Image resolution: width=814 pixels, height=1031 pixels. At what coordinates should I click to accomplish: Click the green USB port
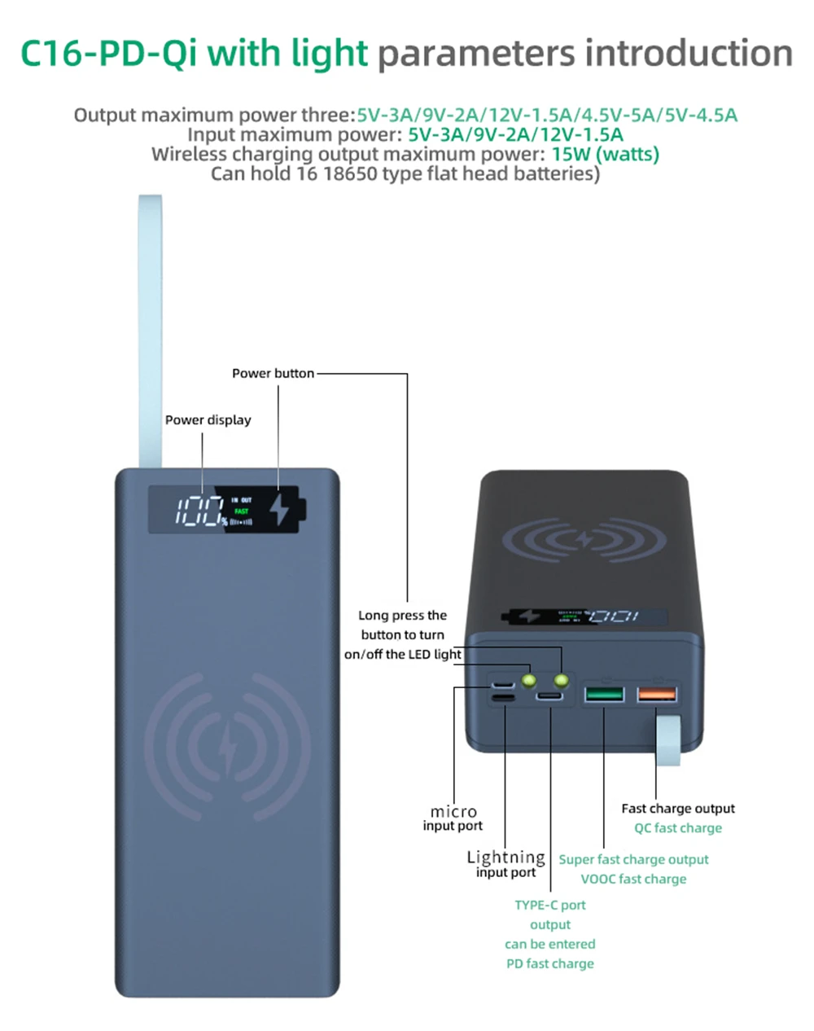click(x=604, y=695)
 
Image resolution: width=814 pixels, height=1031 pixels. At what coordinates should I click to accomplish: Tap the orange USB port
click(x=657, y=694)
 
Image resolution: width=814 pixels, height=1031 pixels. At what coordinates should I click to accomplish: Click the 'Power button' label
click(x=273, y=373)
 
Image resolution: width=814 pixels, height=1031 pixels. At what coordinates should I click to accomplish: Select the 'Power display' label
click(x=208, y=420)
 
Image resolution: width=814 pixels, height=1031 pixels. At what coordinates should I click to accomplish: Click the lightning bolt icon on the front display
click(x=280, y=508)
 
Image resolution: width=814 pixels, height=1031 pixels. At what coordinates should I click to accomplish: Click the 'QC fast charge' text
click(x=678, y=828)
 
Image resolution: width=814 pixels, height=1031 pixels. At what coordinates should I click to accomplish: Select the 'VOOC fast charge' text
click(x=633, y=879)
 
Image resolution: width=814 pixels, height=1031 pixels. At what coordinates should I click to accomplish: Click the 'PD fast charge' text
click(x=550, y=963)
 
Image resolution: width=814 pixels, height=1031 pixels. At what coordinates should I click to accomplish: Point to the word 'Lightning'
click(x=505, y=857)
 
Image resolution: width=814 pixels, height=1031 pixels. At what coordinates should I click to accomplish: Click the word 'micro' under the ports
click(x=453, y=811)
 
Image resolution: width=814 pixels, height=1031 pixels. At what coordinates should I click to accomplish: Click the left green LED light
click(x=528, y=678)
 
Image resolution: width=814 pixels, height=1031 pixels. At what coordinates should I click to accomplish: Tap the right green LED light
click(x=561, y=678)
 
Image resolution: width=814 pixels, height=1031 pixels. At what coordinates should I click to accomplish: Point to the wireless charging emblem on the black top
click(x=584, y=540)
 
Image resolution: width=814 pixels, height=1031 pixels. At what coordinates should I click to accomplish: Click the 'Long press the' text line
click(x=402, y=616)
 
